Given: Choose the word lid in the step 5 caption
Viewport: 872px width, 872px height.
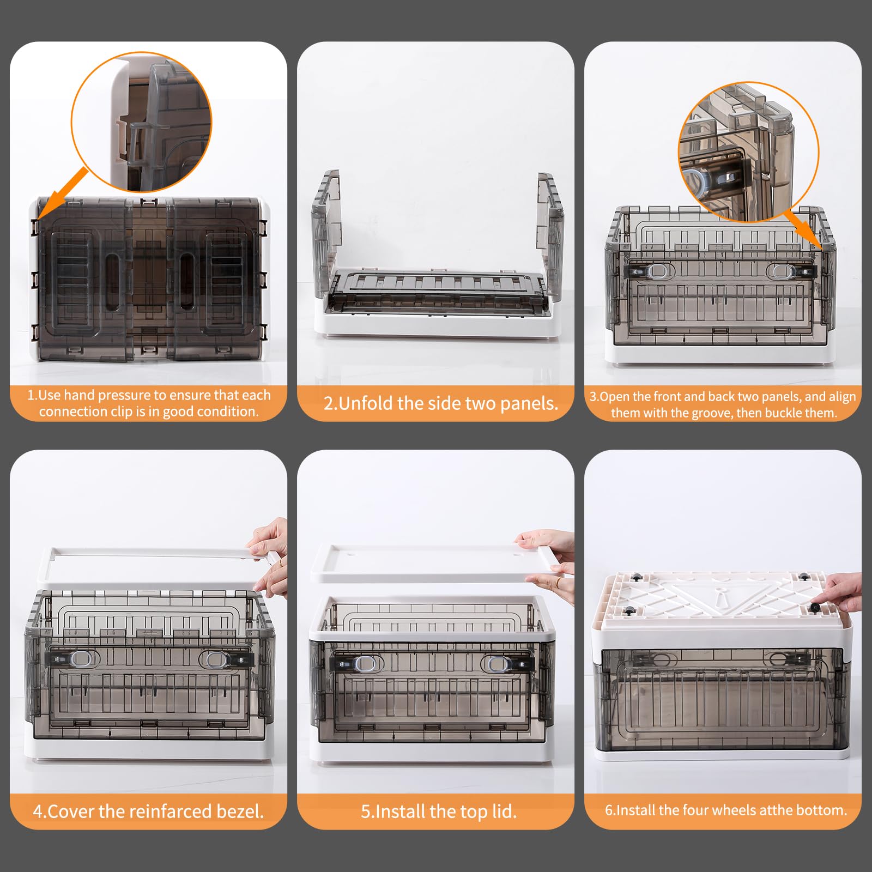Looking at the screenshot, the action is [503, 812].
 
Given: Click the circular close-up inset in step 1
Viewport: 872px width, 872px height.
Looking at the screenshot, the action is [141, 122].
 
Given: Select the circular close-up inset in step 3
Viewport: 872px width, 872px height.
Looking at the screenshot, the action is [749, 152].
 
